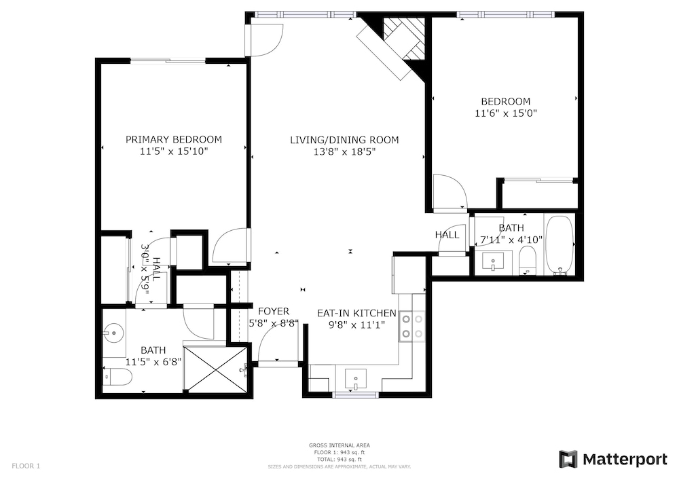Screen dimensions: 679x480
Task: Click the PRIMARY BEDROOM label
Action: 174,139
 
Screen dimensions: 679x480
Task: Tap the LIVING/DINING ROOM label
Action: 344,140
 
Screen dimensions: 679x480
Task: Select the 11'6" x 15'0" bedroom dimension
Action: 506,113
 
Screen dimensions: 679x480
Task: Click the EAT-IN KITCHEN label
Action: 356,313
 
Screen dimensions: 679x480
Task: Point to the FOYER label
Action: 274,311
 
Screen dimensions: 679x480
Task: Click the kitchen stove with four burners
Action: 412,327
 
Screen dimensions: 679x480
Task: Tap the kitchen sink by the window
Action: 356,380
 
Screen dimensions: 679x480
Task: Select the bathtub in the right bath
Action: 559,245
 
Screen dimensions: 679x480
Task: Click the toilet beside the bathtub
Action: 527,261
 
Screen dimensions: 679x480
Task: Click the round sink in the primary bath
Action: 114,333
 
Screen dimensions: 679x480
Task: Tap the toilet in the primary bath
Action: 117,377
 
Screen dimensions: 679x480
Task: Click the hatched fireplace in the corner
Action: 405,39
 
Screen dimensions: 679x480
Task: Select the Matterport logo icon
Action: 568,459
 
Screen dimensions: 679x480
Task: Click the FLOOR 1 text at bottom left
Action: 26,466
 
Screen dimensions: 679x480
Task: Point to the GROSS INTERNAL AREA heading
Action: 339,445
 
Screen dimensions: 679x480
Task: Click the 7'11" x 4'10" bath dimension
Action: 511,240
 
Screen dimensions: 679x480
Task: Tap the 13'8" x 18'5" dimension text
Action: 344,152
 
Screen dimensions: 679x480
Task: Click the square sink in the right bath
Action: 493,262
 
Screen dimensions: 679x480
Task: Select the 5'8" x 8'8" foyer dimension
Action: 274,323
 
